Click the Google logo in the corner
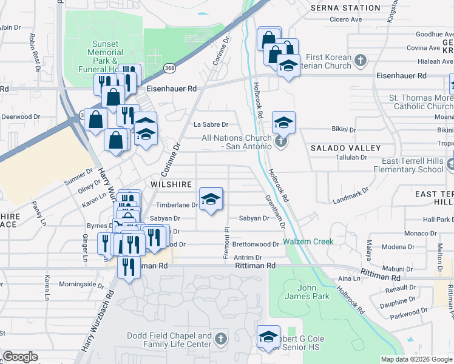pyautogui.click(x=21, y=357)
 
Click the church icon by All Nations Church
pyautogui.click(x=280, y=143)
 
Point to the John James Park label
pyautogui.click(x=313, y=291)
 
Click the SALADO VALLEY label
pyautogui.click(x=345, y=148)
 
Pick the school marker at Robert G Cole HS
pyautogui.click(x=268, y=337)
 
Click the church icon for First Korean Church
pyautogui.click(x=361, y=60)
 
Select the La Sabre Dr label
pyautogui.click(x=211, y=124)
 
